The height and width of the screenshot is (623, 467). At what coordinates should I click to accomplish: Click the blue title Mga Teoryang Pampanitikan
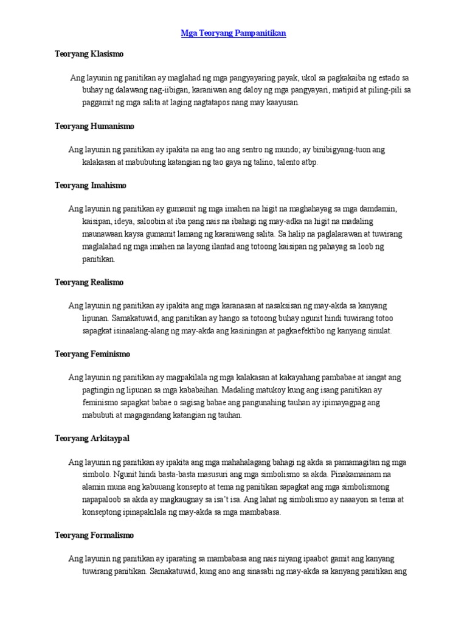point(233,33)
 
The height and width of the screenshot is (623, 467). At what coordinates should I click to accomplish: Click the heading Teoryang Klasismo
point(89,54)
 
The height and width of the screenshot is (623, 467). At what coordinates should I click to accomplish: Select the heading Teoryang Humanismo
point(94,126)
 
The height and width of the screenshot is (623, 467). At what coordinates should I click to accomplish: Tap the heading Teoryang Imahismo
point(90,185)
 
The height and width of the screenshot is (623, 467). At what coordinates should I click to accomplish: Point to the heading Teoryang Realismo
point(89,282)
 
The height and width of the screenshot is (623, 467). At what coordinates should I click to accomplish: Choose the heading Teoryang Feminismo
point(92,353)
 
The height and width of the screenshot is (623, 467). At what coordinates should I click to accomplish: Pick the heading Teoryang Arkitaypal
point(92,438)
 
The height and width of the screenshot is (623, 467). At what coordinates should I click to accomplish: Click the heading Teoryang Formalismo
point(94,535)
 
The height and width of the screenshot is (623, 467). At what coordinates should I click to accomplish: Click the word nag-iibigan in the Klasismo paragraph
point(167,90)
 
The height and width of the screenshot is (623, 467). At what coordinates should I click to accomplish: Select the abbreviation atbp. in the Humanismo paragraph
point(307,162)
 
